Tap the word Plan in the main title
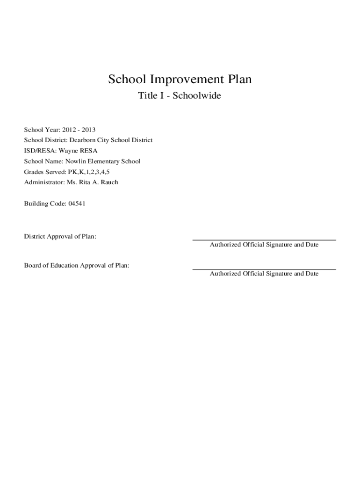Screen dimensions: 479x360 (239, 80)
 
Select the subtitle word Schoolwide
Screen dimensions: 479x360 (197, 96)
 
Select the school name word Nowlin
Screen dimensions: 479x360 (76, 161)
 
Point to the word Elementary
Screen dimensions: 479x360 (105, 161)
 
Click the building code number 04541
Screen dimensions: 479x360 (77, 204)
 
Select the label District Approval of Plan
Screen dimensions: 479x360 (60, 237)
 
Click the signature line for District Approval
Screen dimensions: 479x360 (264, 240)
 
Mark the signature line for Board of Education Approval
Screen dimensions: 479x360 (264, 269)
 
